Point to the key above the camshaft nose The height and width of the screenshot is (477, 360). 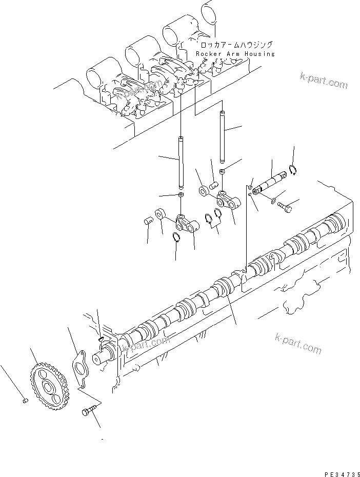[101, 337]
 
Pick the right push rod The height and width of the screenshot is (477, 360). [223, 136]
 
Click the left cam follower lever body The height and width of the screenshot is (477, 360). [187, 224]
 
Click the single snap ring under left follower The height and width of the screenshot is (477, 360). [176, 237]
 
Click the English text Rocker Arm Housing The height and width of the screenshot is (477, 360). [235, 54]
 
